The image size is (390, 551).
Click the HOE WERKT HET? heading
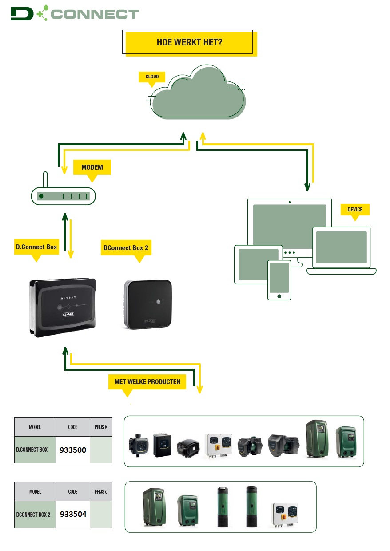(190, 43)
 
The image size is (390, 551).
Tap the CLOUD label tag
(152, 77)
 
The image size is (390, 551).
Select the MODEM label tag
(92, 167)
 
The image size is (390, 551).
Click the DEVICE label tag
(354, 209)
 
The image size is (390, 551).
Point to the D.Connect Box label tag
(36, 247)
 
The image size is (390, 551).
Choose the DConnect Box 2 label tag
(126, 248)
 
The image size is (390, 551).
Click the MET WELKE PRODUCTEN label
(147, 382)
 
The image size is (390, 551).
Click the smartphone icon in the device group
(279, 280)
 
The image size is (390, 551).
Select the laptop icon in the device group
(341, 249)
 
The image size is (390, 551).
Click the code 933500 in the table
(73, 450)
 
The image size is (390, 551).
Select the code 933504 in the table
(73, 514)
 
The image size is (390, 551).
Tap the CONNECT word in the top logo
(95, 14)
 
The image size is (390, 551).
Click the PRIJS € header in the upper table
(101, 427)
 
